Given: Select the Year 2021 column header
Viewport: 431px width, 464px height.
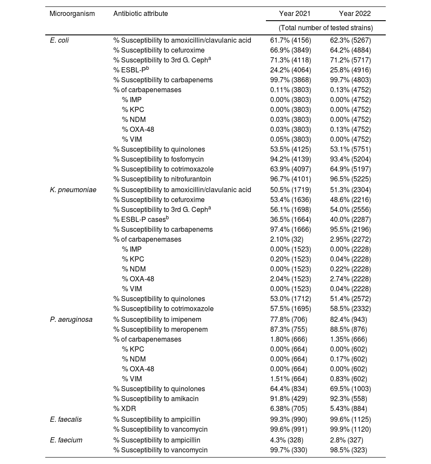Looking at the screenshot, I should coord(295,14).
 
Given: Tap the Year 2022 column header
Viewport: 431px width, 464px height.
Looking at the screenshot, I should coord(355,14).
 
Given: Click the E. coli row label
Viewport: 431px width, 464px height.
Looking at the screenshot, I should coord(59,40).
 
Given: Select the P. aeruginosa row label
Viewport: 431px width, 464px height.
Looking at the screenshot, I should coord(71,319).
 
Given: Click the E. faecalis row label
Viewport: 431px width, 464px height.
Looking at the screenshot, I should coord(66,419).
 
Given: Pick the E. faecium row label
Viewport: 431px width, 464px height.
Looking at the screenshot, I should coord(65,440).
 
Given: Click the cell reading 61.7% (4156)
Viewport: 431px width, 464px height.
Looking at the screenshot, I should coord(290,40).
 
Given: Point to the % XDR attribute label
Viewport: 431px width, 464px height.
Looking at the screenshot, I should coord(125,408).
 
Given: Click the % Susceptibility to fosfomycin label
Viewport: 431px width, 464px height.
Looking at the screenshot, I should coord(159,159).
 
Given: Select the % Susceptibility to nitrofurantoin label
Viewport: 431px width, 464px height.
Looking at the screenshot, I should coord(162,179).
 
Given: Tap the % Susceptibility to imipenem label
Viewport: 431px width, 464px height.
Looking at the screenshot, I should coord(157,319).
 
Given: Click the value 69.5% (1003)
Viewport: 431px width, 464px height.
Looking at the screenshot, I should coord(350,389).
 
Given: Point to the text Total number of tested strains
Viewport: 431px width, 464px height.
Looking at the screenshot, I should coord(326,28).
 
